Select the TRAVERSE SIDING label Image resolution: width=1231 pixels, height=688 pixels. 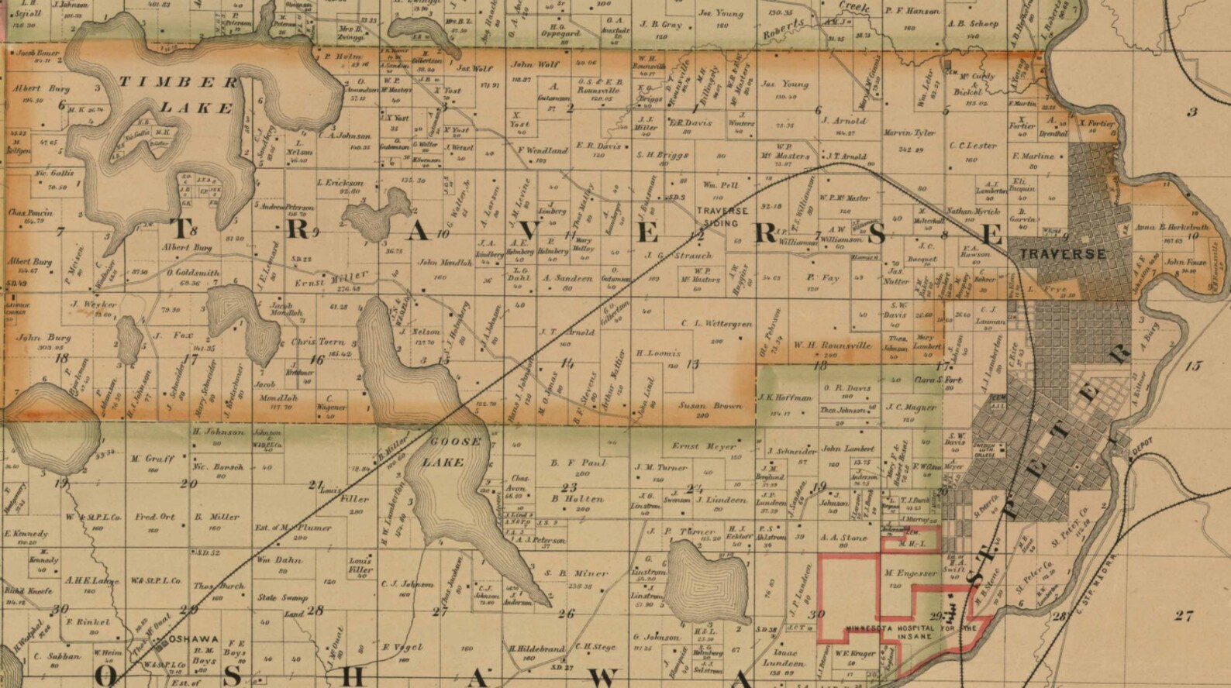click(722, 215)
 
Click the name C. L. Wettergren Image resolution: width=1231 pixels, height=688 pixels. click(717, 324)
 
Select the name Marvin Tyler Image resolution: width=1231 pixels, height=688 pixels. click(910, 133)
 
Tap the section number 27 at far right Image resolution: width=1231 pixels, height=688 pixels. click(1183, 616)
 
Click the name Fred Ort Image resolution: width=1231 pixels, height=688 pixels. click(155, 517)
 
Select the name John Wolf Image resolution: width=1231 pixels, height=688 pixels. click(534, 65)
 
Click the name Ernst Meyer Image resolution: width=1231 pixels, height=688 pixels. click(703, 446)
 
